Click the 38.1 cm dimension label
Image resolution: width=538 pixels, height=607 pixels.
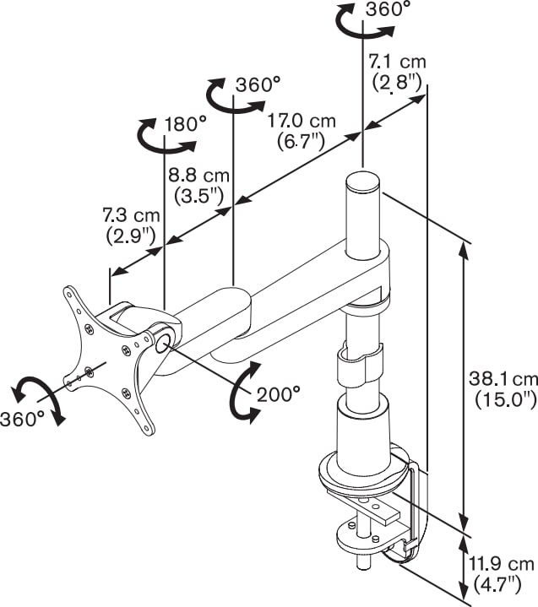coord(503,388)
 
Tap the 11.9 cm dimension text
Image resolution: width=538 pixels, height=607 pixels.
coord(501,574)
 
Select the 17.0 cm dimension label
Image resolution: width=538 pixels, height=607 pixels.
coord(302,131)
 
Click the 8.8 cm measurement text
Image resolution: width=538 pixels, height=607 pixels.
coord(198,186)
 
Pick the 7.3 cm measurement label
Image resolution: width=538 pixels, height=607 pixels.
coord(131,225)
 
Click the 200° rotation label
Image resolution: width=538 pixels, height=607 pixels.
coord(279,395)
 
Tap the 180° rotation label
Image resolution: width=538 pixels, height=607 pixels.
coord(186,124)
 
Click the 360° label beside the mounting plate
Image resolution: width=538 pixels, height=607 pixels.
coord(22,419)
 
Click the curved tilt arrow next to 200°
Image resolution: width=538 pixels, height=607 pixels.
coord(243,393)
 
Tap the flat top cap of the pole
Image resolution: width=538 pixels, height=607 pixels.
coord(363,182)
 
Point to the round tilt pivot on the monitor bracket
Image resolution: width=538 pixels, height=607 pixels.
coord(164,343)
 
